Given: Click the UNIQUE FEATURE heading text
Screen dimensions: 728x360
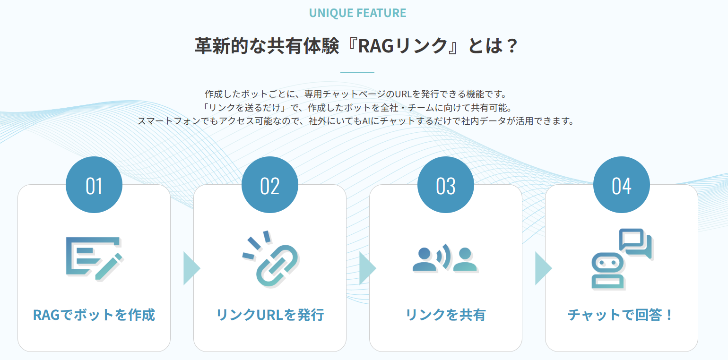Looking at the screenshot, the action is coord(357,13).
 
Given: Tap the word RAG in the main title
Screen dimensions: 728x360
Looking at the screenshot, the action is coord(376,46).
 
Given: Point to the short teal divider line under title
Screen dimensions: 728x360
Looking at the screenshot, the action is coord(357,72).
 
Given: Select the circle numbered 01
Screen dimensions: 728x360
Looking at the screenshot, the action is coord(94,185).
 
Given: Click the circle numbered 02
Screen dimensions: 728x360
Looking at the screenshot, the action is coord(270,185).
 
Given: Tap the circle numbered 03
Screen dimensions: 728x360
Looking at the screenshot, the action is coord(446,185).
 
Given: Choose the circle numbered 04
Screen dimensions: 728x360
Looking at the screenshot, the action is coord(621,185).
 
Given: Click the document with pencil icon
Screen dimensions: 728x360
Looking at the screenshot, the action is coord(94,258).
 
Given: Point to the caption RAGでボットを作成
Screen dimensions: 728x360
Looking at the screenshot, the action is coord(94,315).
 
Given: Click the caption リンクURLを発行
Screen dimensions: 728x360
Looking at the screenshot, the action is coord(270,315).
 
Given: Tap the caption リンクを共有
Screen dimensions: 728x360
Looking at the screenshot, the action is coord(446,315).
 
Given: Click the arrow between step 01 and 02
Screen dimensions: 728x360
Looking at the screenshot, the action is coord(191,268).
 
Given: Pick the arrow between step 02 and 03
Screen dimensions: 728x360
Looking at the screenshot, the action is coord(367,268).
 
